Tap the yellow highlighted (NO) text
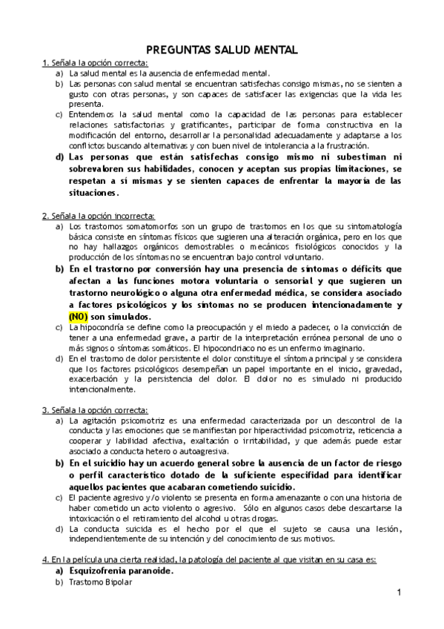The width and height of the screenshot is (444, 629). tap(79, 316)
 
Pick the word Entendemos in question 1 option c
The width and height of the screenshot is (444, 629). tap(90, 114)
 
